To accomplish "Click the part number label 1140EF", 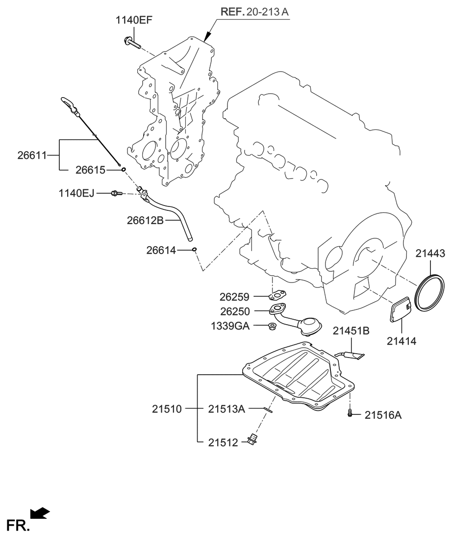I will [133, 21].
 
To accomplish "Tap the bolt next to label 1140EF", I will [131, 42].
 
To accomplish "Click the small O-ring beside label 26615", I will [124, 170].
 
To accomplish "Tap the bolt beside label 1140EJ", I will [116, 193].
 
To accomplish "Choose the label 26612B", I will [145, 221].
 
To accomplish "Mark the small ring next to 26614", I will [195, 250].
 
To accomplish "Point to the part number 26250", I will [234, 311].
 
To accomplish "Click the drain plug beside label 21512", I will [253, 440].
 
